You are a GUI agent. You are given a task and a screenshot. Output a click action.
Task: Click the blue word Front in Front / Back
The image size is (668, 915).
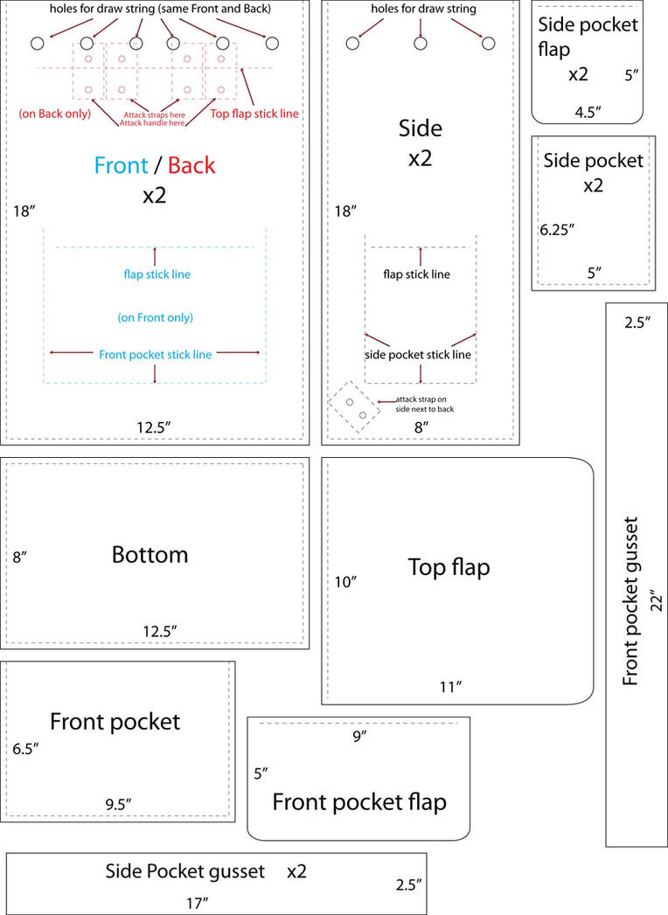[x=122, y=165]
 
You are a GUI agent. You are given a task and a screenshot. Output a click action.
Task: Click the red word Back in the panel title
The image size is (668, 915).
[x=191, y=165]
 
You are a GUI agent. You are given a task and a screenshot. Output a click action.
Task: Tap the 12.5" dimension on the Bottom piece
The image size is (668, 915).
[x=161, y=630]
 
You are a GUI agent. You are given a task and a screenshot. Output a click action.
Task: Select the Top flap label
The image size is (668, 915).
[x=449, y=567]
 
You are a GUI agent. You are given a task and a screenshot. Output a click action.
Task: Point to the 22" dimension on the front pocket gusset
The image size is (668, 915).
[x=657, y=600]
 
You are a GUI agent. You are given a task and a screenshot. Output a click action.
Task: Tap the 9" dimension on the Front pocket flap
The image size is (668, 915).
[x=358, y=736]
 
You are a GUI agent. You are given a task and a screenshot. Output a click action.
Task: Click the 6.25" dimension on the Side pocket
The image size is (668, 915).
[x=557, y=230]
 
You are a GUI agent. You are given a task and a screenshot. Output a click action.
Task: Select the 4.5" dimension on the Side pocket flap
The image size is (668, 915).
[x=588, y=112]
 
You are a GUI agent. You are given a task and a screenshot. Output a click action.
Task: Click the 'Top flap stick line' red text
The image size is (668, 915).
[x=249, y=113]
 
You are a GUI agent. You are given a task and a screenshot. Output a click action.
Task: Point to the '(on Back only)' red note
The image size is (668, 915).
[x=54, y=114]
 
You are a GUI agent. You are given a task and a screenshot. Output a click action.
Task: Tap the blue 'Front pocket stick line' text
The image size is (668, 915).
[x=155, y=354]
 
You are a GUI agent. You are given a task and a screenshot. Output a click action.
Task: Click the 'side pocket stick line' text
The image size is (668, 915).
[x=418, y=355]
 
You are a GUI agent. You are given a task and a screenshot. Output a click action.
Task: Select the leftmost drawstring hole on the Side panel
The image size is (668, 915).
[x=353, y=43]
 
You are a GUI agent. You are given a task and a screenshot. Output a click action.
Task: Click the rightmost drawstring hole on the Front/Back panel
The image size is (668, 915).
[x=272, y=43]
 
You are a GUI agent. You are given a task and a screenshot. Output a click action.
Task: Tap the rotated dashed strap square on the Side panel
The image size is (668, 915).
[x=354, y=407]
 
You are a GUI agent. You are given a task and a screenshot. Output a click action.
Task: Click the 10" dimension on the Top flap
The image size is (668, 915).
[x=345, y=581]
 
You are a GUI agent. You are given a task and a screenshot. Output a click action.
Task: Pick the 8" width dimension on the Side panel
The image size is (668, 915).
[x=421, y=427]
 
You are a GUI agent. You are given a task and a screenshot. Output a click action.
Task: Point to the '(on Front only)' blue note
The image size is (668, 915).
[x=156, y=317]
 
